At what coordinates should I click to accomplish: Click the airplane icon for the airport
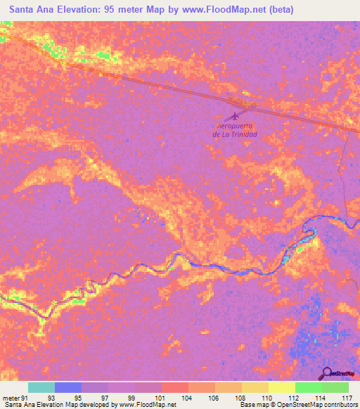point(235,115)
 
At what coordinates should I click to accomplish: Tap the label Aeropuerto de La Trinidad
point(235,130)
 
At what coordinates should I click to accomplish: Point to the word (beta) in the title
point(280,10)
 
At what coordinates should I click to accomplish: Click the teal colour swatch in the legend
point(41,387)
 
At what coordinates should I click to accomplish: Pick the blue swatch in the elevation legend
point(67,387)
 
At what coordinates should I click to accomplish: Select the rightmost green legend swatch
point(335,387)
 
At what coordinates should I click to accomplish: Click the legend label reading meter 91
point(15,397)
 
